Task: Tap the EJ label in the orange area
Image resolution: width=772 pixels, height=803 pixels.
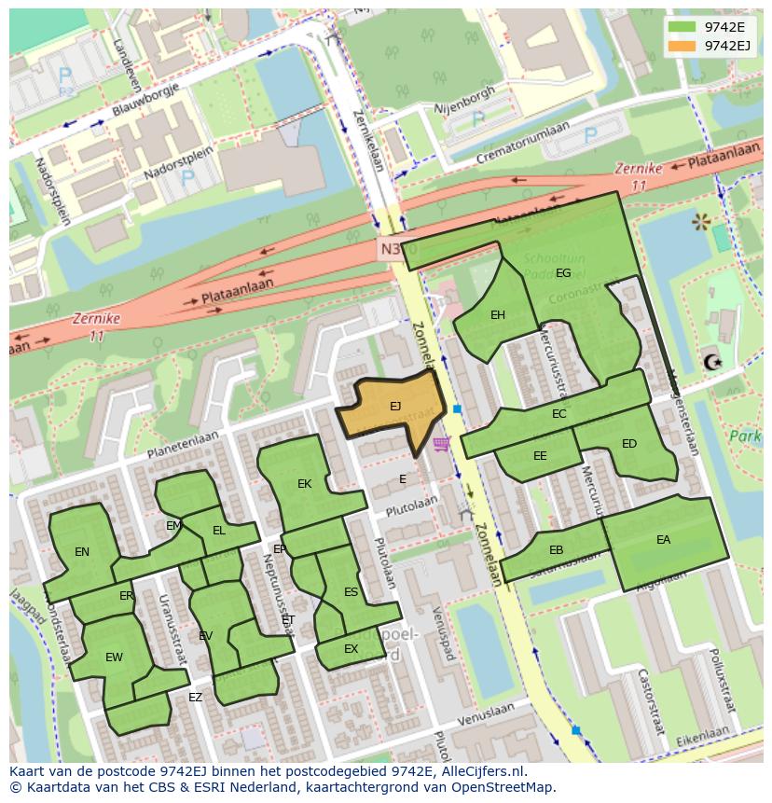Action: pos(395,406)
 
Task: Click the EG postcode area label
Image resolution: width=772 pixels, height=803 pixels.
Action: pos(563,273)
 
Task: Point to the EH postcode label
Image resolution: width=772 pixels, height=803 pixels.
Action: pos(498,315)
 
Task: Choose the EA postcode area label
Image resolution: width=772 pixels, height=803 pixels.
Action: pos(663,540)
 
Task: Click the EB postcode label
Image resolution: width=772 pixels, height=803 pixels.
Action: pos(556,550)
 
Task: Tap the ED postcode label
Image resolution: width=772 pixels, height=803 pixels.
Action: pos(629,444)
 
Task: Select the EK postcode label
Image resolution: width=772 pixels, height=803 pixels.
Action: pos(304,484)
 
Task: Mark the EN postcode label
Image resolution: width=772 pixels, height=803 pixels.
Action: pos(82,552)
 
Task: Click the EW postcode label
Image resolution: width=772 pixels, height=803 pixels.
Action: pos(114,658)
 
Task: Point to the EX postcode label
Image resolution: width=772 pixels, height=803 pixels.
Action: pos(351,649)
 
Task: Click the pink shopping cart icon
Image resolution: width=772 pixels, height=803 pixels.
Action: pos(441,443)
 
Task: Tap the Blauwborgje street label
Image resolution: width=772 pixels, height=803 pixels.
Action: pos(146,97)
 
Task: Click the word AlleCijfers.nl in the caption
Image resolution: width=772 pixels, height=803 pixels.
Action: pos(480,771)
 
